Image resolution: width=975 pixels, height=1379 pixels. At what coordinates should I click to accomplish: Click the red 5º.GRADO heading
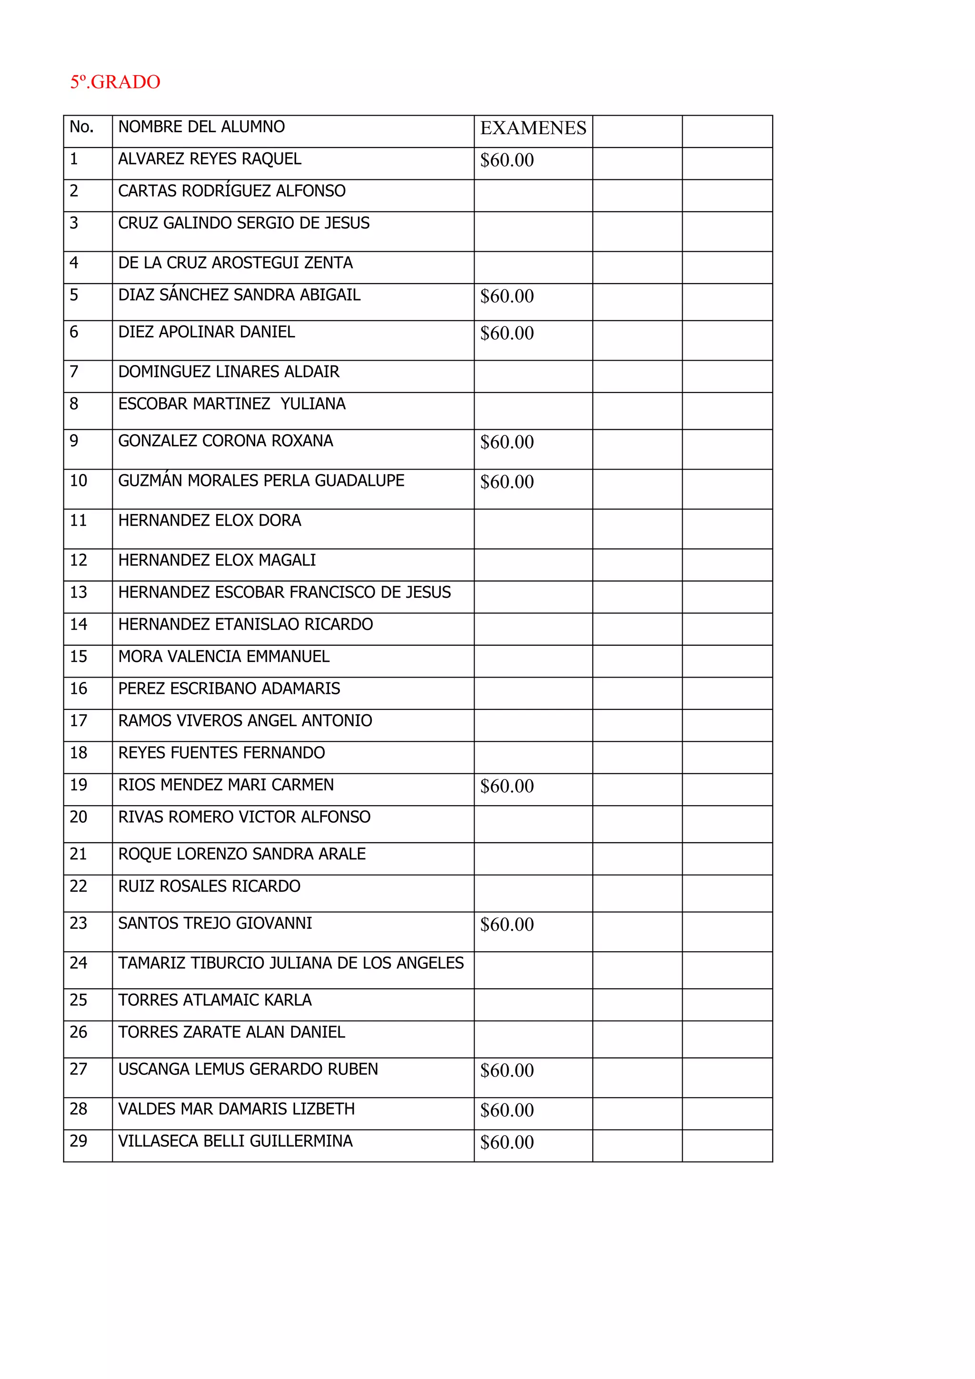(115, 82)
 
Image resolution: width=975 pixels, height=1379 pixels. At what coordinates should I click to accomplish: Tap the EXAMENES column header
(533, 128)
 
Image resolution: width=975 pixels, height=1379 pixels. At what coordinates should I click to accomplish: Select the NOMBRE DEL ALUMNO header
(201, 127)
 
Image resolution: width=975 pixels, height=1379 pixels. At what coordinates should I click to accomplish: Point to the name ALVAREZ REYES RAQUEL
(209, 158)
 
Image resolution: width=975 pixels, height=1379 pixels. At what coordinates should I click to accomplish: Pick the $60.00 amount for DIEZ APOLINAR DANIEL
(507, 334)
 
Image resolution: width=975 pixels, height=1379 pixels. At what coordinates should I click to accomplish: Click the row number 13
(78, 592)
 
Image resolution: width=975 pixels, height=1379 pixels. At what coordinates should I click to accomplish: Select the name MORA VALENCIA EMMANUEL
(223, 657)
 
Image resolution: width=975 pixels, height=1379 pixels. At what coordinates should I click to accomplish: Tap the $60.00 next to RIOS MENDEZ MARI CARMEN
(507, 786)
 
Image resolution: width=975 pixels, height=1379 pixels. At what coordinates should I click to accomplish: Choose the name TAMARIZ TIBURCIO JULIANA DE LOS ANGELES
(291, 963)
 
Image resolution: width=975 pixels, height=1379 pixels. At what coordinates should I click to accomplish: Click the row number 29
(78, 1141)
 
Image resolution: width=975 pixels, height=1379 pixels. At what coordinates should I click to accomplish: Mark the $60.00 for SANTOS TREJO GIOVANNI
(507, 925)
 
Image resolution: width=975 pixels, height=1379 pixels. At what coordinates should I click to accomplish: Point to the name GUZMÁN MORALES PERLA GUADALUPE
(261, 481)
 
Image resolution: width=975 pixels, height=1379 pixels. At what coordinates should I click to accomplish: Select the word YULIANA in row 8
(313, 404)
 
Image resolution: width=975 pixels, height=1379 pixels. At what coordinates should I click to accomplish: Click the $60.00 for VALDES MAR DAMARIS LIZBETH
(507, 1110)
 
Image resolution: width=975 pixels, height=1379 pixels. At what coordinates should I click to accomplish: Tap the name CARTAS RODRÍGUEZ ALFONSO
(231, 191)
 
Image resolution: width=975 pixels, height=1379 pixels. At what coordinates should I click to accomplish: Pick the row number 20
(78, 817)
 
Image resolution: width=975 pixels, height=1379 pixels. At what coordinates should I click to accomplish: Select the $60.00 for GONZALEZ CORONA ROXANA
(507, 442)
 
